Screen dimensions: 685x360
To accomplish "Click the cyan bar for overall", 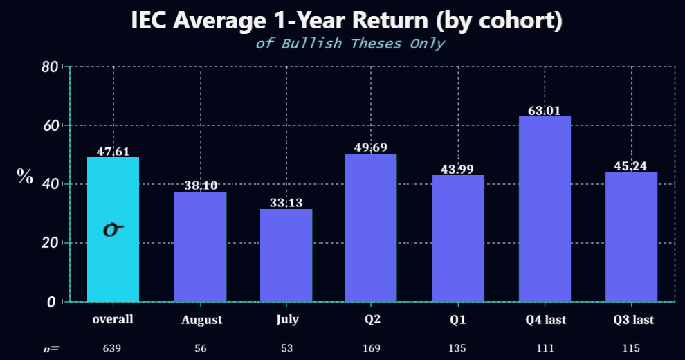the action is [113, 229].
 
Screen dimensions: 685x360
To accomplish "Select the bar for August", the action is [201, 246].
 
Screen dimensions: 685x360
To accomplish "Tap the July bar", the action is [286, 255].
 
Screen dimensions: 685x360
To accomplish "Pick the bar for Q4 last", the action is [545, 209].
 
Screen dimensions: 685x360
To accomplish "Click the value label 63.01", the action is [544, 111].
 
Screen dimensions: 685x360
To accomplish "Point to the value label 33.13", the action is [286, 203].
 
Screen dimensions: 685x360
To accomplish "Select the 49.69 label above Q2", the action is [370, 147].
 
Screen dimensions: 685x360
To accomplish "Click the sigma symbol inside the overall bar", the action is [113, 229].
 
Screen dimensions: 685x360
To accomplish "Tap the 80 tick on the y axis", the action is [49, 67].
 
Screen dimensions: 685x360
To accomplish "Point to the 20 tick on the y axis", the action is [49, 243].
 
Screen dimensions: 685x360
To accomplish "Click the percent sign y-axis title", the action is [25, 176].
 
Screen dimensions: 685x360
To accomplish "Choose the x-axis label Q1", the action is [458, 320].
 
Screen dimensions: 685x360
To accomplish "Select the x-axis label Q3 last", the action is [633, 320].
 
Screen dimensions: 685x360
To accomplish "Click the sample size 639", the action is [112, 348].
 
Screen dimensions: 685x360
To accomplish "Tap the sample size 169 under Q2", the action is [372, 348].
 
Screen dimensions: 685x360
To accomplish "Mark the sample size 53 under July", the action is [287, 348].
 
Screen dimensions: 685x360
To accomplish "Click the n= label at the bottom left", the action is [51, 349].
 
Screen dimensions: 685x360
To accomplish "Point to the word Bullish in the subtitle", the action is [311, 44].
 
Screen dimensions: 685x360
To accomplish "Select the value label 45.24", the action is [630, 166].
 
